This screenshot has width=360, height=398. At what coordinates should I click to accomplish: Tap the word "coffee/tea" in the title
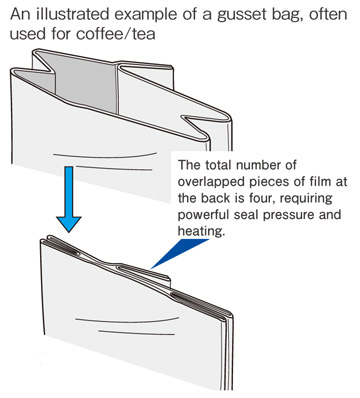point(116,34)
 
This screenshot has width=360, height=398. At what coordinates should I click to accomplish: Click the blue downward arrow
point(69,199)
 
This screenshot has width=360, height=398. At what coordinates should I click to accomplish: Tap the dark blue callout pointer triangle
point(178,252)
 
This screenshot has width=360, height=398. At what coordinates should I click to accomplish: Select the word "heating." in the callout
point(200,231)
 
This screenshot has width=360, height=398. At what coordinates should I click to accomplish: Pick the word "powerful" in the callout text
point(202,215)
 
